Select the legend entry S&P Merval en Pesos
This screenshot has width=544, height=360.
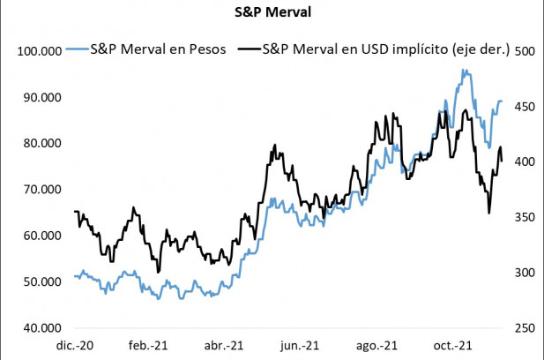159,50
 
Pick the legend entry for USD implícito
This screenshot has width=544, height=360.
387,50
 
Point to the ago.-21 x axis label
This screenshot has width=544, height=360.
377,345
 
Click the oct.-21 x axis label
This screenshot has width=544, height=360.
453,345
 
